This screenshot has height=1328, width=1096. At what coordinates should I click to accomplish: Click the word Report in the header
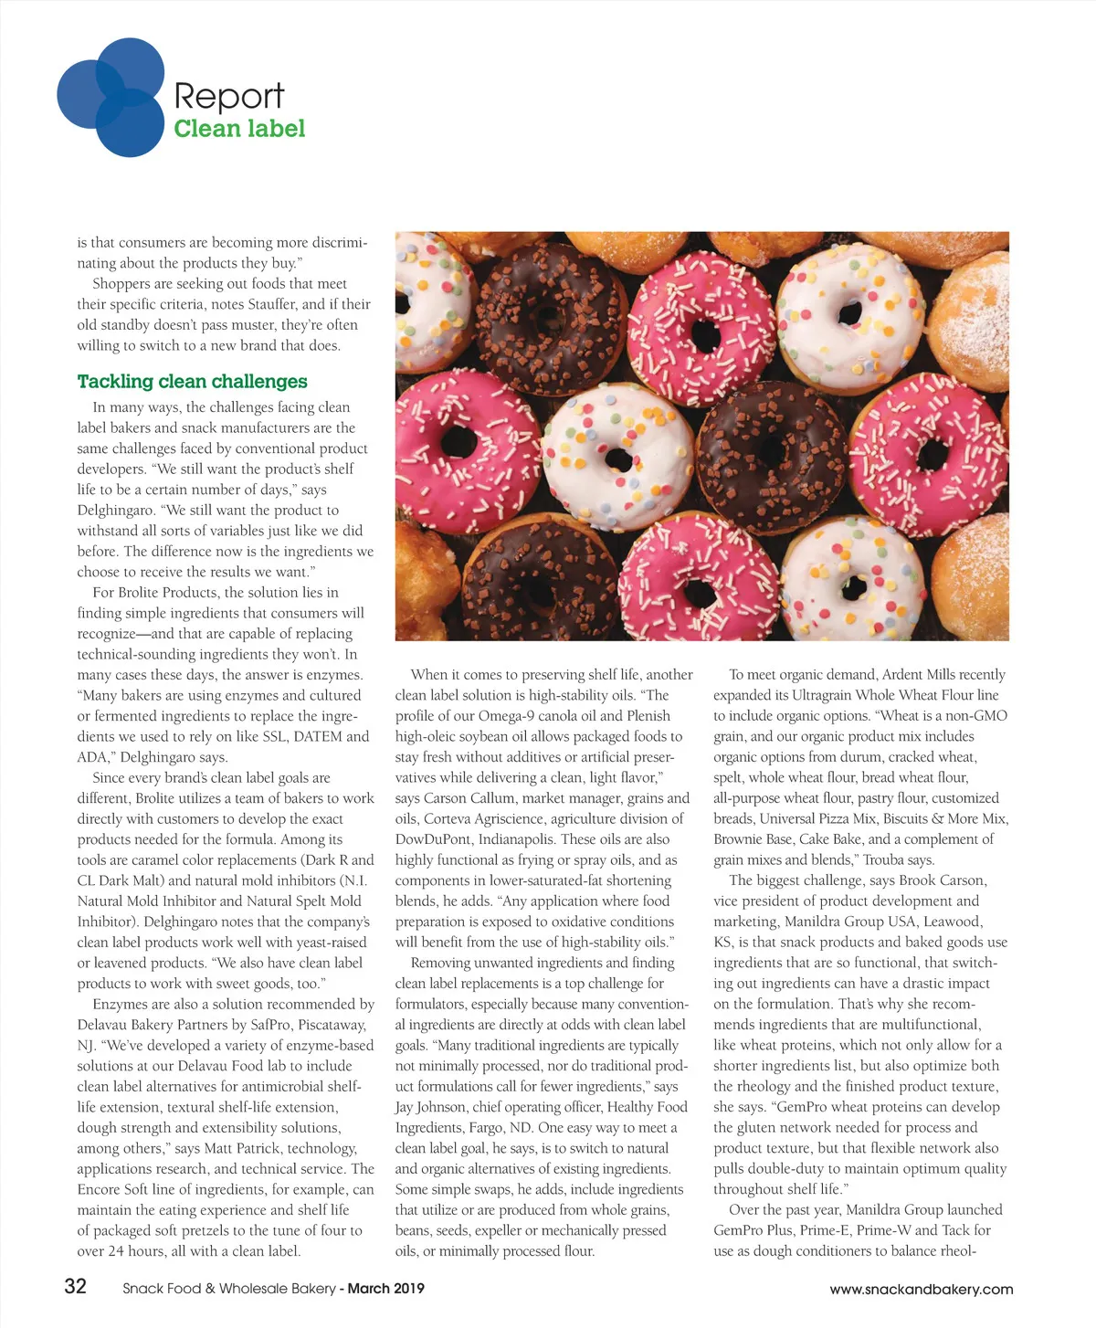click(228, 96)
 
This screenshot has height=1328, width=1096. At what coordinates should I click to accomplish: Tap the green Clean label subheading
click(239, 129)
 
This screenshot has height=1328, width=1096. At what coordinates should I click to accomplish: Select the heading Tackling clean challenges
click(192, 382)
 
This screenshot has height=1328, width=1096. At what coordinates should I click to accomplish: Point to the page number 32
click(75, 1287)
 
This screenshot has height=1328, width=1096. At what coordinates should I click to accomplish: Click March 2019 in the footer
click(386, 1289)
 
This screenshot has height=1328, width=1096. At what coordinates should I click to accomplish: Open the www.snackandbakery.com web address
click(921, 1290)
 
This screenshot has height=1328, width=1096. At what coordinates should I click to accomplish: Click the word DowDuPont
click(434, 839)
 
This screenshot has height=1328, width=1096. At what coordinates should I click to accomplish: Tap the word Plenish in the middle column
click(648, 716)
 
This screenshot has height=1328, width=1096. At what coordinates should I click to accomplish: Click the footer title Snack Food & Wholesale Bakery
click(229, 1289)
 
